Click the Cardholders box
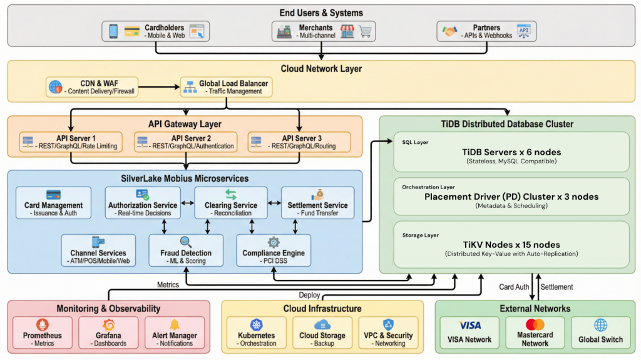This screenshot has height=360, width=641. tap(156, 31)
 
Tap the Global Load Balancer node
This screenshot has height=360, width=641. tap(227, 87)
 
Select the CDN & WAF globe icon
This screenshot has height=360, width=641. tap(56, 87)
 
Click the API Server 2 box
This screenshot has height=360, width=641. tap(185, 142)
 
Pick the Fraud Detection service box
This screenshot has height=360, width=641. tap(186, 250)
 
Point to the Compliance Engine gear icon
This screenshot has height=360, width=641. tap(274, 242)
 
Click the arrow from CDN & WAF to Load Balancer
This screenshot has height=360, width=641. tap(159, 87)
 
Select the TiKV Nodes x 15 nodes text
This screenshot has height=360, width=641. tap(511, 245)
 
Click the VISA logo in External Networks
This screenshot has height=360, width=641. tap(469, 325)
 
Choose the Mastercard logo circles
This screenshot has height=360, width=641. tap(535, 324)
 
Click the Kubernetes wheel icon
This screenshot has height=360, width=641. tap(256, 325)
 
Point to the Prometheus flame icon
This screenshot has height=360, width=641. tap(42, 325)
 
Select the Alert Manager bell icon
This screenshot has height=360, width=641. tap(175, 324)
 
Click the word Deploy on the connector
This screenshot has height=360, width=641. tap(309, 295)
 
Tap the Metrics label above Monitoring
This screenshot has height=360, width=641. tap(168, 285)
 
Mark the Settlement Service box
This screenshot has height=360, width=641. tap(317, 203)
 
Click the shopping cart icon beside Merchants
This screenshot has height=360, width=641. tap(365, 31)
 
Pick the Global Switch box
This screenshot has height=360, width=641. tap(600, 332)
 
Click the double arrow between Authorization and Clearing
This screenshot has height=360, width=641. tap(188, 203)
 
